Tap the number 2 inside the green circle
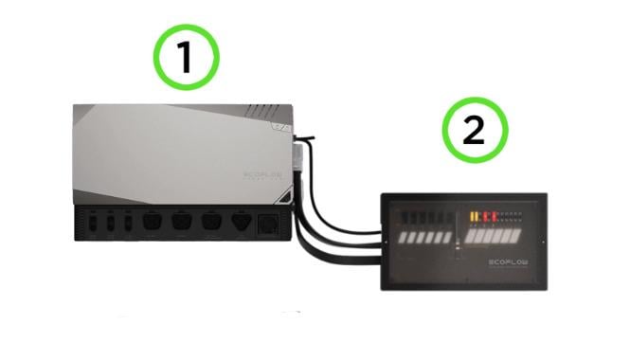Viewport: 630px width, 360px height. pos(472,132)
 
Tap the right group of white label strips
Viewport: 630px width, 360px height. pos(496,235)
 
